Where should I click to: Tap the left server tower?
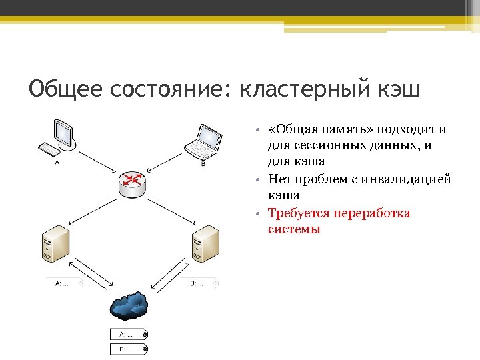click(x=55, y=245)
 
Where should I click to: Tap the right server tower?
click(x=205, y=244)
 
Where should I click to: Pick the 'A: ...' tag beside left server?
click(x=64, y=283)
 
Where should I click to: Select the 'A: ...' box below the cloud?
click(x=128, y=334)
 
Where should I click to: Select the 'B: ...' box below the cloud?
click(x=128, y=349)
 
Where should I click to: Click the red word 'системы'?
click(x=294, y=229)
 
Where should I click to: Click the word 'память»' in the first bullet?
click(x=347, y=129)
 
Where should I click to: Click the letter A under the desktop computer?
click(x=57, y=162)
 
